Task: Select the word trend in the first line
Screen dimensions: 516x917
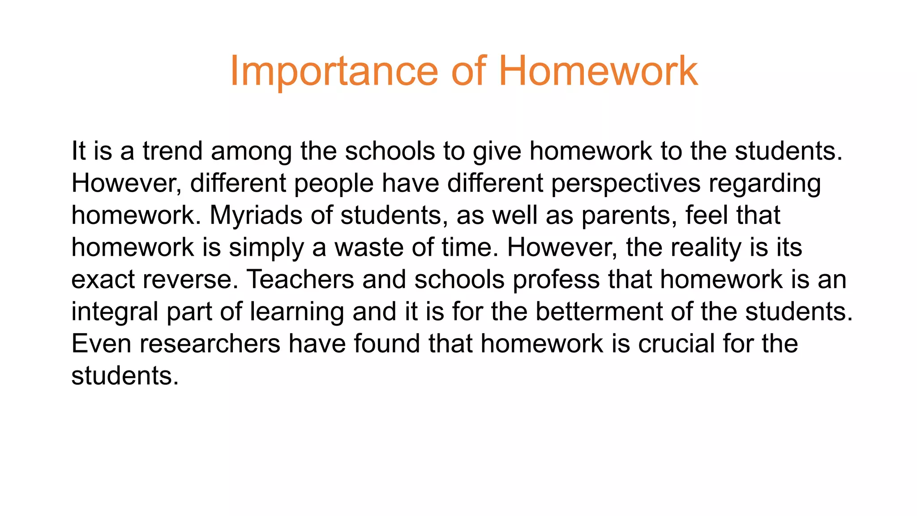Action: click(173, 151)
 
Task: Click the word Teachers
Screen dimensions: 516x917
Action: click(300, 279)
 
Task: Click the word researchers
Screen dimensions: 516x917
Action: click(210, 344)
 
